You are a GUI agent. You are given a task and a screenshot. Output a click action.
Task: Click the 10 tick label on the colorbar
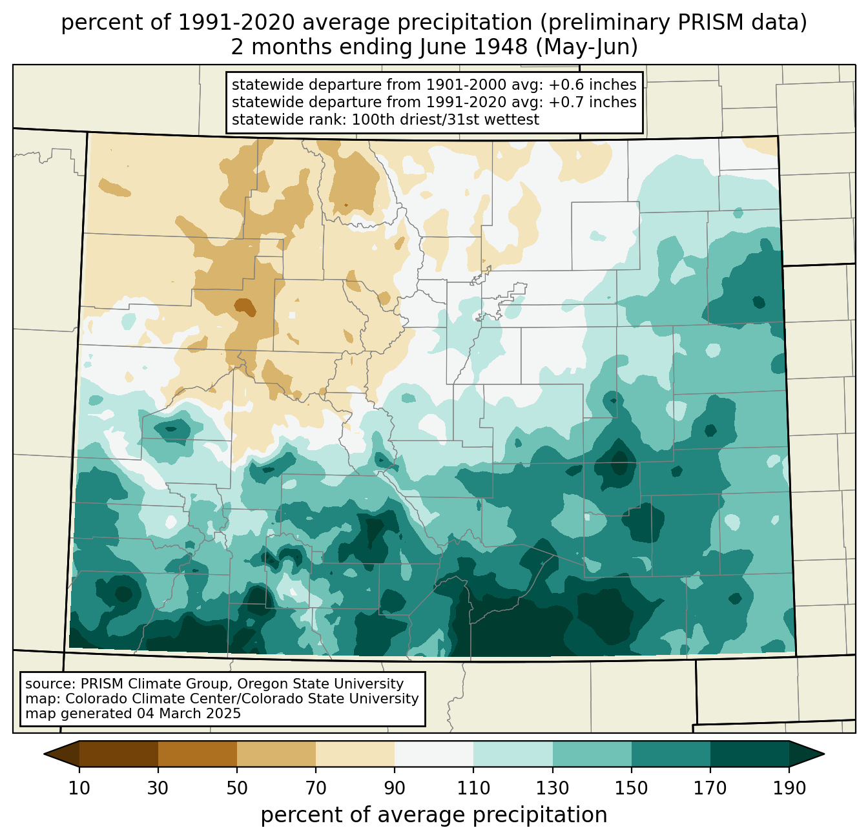pyautogui.click(x=79, y=788)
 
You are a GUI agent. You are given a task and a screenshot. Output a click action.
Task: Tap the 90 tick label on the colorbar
pyautogui.click(x=395, y=788)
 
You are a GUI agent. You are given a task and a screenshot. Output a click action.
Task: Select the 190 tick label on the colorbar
pyautogui.click(x=789, y=788)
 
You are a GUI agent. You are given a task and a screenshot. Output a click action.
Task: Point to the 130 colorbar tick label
pyautogui.click(x=552, y=788)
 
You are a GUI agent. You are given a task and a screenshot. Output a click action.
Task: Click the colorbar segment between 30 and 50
pyautogui.click(x=198, y=754)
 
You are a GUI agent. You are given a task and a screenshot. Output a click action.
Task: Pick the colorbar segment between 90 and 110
pyautogui.click(x=434, y=754)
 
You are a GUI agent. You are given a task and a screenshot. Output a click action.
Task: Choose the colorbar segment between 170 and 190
pyautogui.click(x=749, y=754)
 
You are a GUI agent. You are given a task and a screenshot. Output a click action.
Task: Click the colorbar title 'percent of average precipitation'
pyautogui.click(x=434, y=815)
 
